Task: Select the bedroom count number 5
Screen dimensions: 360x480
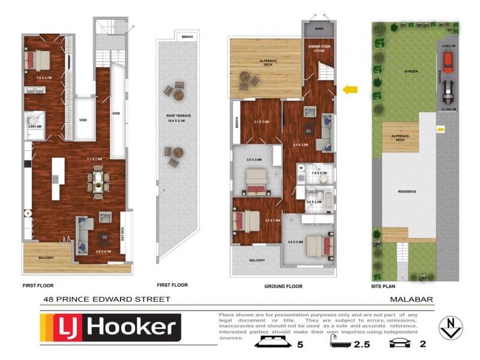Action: (x=301, y=344)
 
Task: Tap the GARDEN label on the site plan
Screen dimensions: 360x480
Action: (x=410, y=71)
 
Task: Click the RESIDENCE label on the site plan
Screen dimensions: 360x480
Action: (x=407, y=191)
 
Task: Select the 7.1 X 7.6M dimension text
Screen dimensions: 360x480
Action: (x=95, y=159)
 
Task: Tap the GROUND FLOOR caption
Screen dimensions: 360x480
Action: (x=283, y=286)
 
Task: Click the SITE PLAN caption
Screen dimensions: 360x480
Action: (x=385, y=286)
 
